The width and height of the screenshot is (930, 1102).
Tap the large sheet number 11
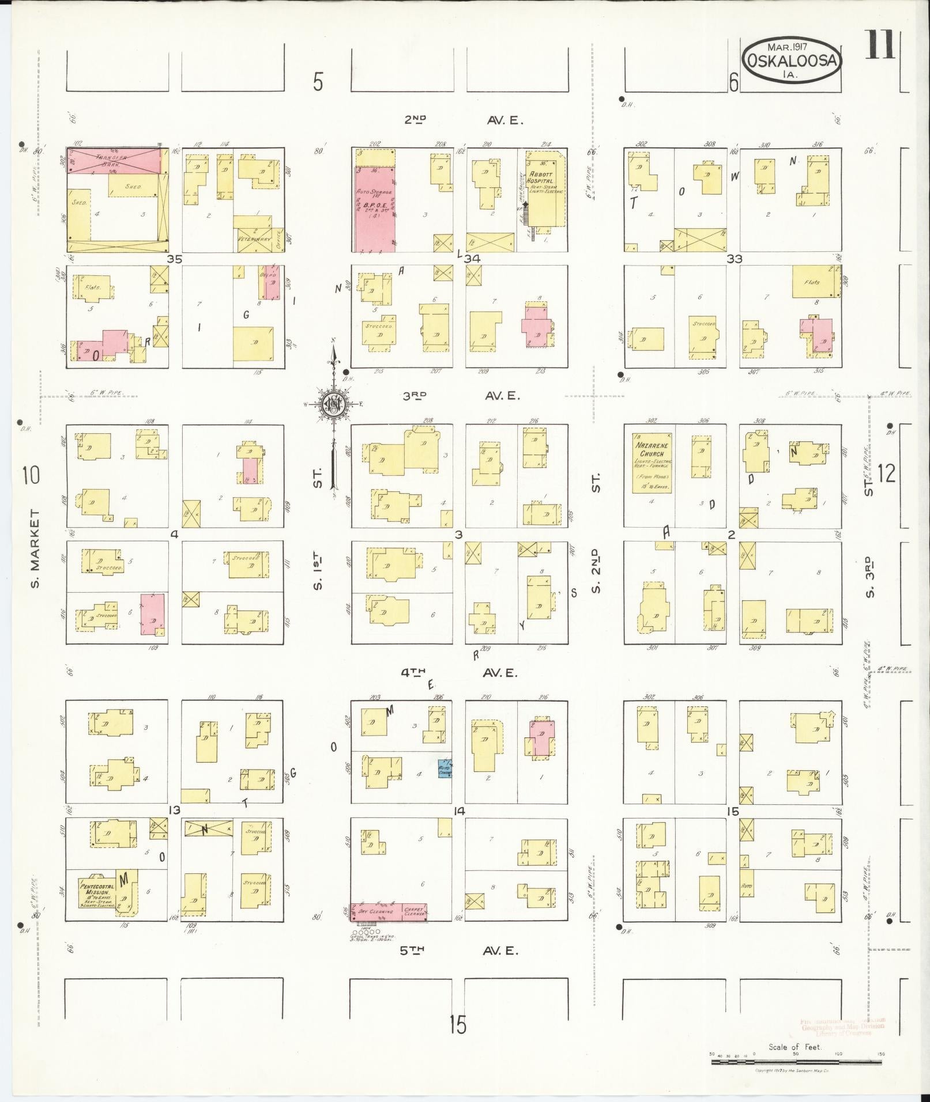click(x=879, y=45)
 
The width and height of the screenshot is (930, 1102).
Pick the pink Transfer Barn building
click(x=114, y=160)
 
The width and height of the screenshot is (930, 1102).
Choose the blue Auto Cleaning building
click(x=445, y=768)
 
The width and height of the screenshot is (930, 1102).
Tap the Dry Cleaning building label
click(x=375, y=912)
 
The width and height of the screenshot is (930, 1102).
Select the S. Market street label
click(x=35, y=549)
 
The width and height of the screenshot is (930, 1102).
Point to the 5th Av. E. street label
click(x=460, y=951)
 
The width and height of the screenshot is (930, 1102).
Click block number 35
click(x=175, y=260)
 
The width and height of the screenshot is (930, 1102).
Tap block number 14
click(x=459, y=812)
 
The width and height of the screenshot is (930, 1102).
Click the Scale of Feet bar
click(x=796, y=1054)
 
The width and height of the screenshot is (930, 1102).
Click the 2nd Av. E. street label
click(x=461, y=120)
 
